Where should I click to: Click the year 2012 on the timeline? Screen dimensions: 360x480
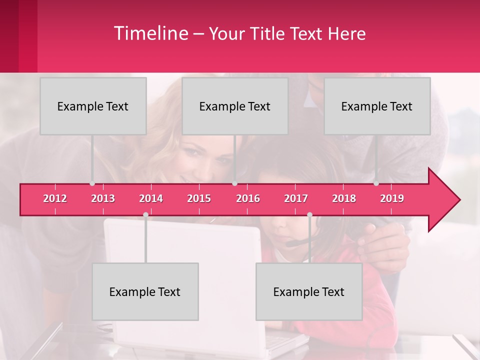point(55,198)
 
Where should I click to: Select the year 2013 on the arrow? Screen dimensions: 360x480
point(103,198)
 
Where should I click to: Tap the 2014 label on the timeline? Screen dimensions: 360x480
point(151,198)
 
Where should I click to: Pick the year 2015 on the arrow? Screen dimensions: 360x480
point(199,198)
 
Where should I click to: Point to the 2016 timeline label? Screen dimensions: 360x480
point(248,198)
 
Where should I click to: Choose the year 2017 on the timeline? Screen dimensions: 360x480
point(296,198)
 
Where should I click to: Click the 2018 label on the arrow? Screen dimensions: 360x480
point(344,198)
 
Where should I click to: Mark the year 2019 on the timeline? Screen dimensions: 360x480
point(392,198)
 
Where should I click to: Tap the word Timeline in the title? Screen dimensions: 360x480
point(150,33)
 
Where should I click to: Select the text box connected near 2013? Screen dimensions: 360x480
point(93,106)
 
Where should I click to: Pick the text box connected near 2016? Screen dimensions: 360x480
point(235,106)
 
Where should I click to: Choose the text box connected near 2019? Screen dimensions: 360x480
point(377,106)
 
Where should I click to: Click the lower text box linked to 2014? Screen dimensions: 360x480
point(145,291)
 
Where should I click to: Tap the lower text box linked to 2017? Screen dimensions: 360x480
point(309,291)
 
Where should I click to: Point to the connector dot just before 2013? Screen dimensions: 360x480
point(92,183)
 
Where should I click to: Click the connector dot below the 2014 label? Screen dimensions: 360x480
point(145,214)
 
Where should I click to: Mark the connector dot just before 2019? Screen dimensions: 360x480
point(376,183)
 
